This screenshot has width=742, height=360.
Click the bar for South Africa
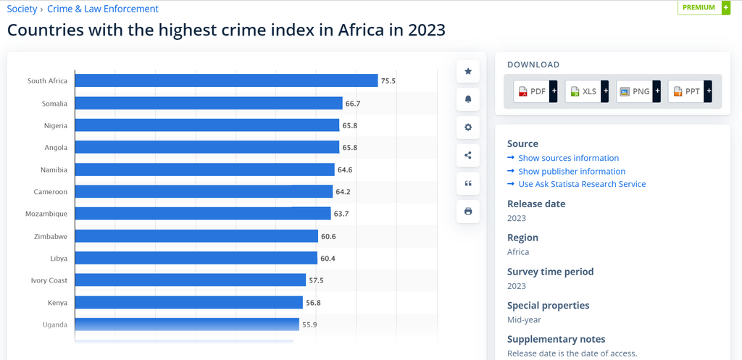click(x=226, y=80)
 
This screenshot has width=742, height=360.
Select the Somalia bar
click(x=209, y=104)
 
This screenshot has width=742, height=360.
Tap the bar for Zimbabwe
click(x=196, y=236)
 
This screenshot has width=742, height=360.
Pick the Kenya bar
click(x=188, y=302)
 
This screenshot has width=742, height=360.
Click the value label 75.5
click(x=388, y=81)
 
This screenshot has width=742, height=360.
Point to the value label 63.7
click(x=341, y=214)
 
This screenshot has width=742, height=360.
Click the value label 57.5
click(x=317, y=280)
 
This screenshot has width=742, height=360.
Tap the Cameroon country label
click(x=50, y=192)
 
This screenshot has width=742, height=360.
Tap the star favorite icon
click(x=468, y=71)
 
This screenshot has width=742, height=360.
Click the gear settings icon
click(x=468, y=127)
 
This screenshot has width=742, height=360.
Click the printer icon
click(x=468, y=212)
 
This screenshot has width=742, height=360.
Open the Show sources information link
click(x=568, y=158)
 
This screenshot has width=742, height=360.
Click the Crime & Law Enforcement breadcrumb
click(x=102, y=9)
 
